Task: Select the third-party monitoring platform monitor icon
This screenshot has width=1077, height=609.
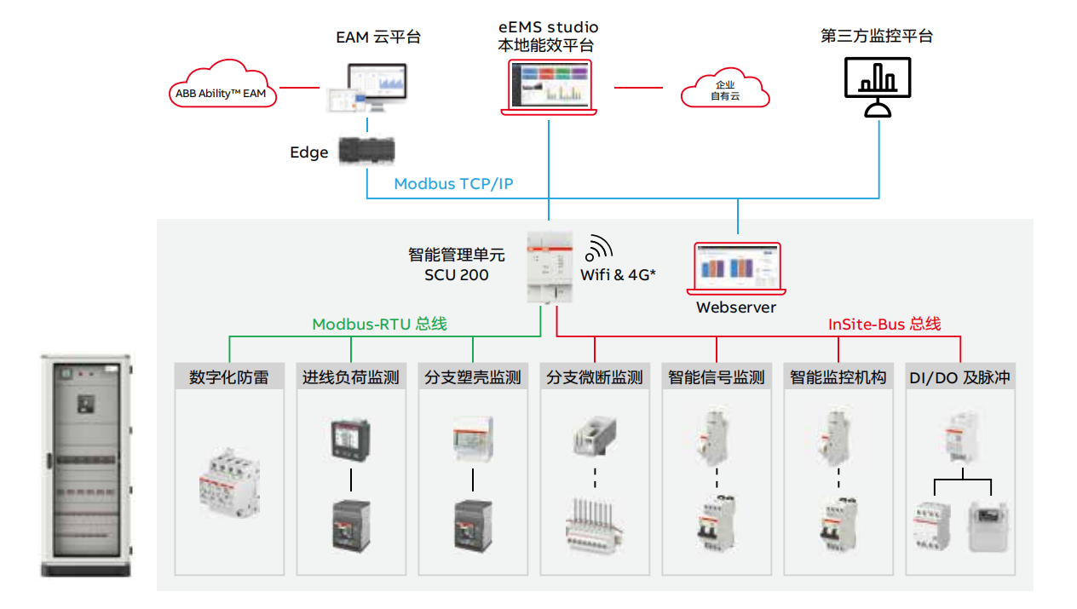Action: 877,86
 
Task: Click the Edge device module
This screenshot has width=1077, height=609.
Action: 366,151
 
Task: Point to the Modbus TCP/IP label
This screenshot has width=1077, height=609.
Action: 453,184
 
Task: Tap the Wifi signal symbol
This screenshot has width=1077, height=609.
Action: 599,248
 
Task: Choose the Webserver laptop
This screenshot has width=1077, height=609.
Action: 737,269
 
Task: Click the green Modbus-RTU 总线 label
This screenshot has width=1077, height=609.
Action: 379,325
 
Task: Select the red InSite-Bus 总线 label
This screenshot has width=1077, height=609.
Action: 884,325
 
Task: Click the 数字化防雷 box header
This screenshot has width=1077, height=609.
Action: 228,377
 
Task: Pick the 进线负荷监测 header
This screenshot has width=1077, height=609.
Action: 350,377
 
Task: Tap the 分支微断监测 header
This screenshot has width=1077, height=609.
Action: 595,377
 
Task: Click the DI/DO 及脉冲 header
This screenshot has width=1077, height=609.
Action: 959,377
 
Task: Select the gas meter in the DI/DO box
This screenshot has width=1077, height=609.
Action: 988,526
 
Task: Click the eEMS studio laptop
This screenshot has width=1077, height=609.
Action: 549,86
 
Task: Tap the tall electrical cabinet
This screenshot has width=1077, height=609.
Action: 87,465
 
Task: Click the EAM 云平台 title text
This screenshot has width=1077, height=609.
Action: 378,37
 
